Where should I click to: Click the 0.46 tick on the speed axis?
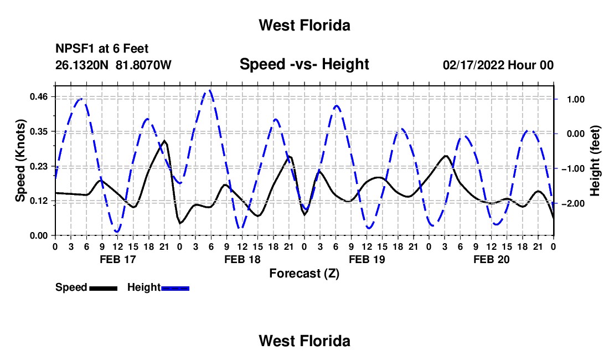pos(39,97)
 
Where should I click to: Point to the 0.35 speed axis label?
pos(39,132)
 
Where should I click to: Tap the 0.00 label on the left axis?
pos(39,236)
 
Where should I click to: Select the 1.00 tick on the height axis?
pos(576,100)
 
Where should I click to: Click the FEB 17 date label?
pos(118,259)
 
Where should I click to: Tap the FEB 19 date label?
pos(367,259)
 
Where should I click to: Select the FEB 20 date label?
pos(491,259)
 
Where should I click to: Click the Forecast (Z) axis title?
pos(304,274)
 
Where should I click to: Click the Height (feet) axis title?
pos(595,161)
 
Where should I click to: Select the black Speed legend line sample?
pos(104,288)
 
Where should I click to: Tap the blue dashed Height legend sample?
pos(175,288)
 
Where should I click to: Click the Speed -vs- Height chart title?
pos(304,64)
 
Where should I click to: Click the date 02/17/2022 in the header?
pos(473,65)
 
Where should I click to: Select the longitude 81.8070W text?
pos(143,65)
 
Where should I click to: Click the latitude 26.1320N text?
pos(82,65)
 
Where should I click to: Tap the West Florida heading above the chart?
pos(304,25)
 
